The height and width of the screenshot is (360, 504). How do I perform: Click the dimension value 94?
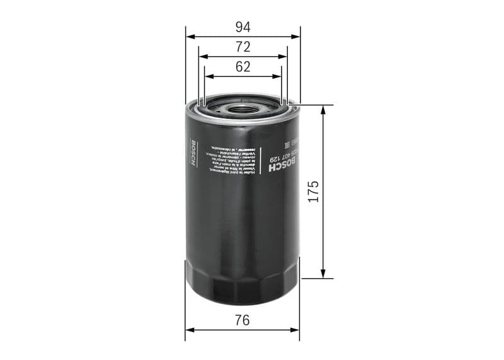pos(243,26)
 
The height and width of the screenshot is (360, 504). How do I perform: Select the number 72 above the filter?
pos(243,47)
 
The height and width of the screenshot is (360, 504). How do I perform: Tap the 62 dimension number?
pos(243,67)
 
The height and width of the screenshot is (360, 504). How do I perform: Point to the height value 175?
pos(313,190)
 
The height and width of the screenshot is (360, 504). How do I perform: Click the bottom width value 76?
pos(243,320)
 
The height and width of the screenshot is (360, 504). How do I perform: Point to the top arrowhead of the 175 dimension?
pos(324,108)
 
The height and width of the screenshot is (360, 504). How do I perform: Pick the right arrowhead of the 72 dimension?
pos(284,56)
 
